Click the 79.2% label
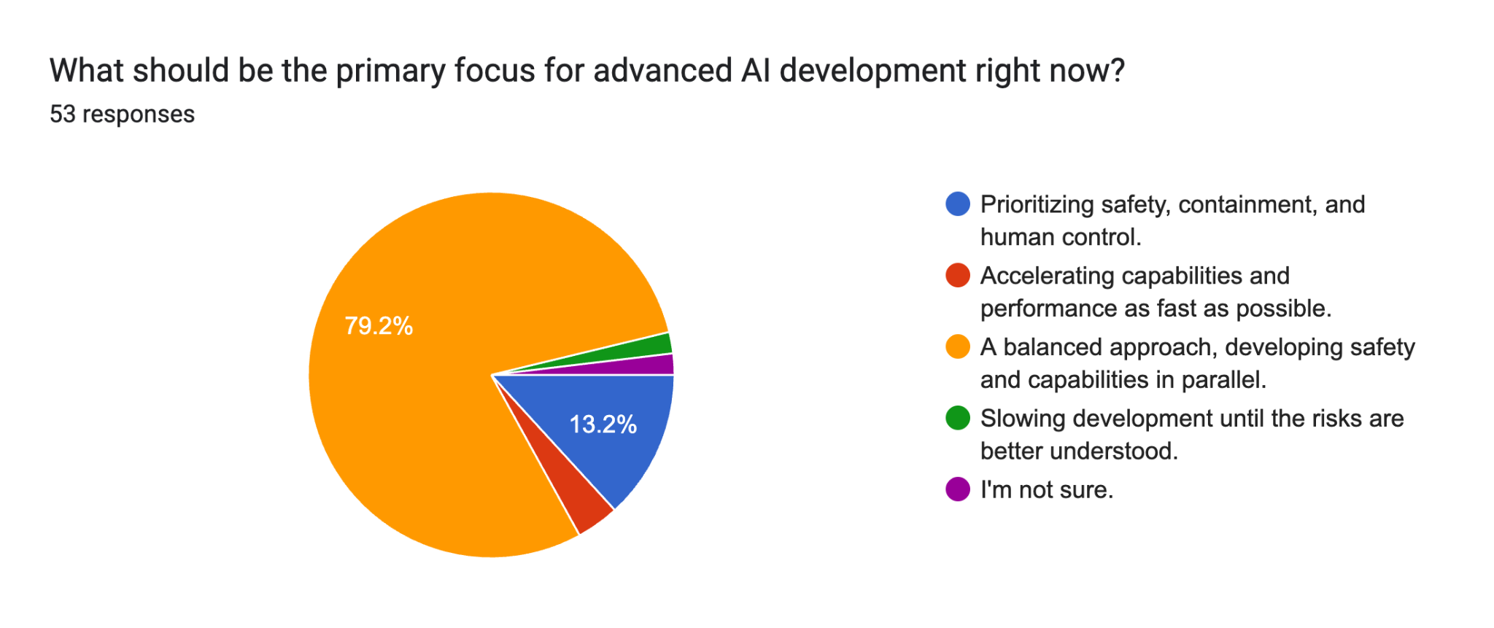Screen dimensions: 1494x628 (x=379, y=325)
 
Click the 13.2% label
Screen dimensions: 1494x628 (x=603, y=424)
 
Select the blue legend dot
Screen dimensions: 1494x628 (x=958, y=203)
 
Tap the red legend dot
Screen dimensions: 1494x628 (x=958, y=275)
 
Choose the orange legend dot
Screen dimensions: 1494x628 (x=958, y=346)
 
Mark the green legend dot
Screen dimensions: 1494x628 (x=958, y=418)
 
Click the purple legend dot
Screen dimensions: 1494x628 (x=958, y=489)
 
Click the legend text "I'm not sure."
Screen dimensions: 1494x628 (x=1047, y=489)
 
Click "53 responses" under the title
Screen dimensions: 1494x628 (x=122, y=115)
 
